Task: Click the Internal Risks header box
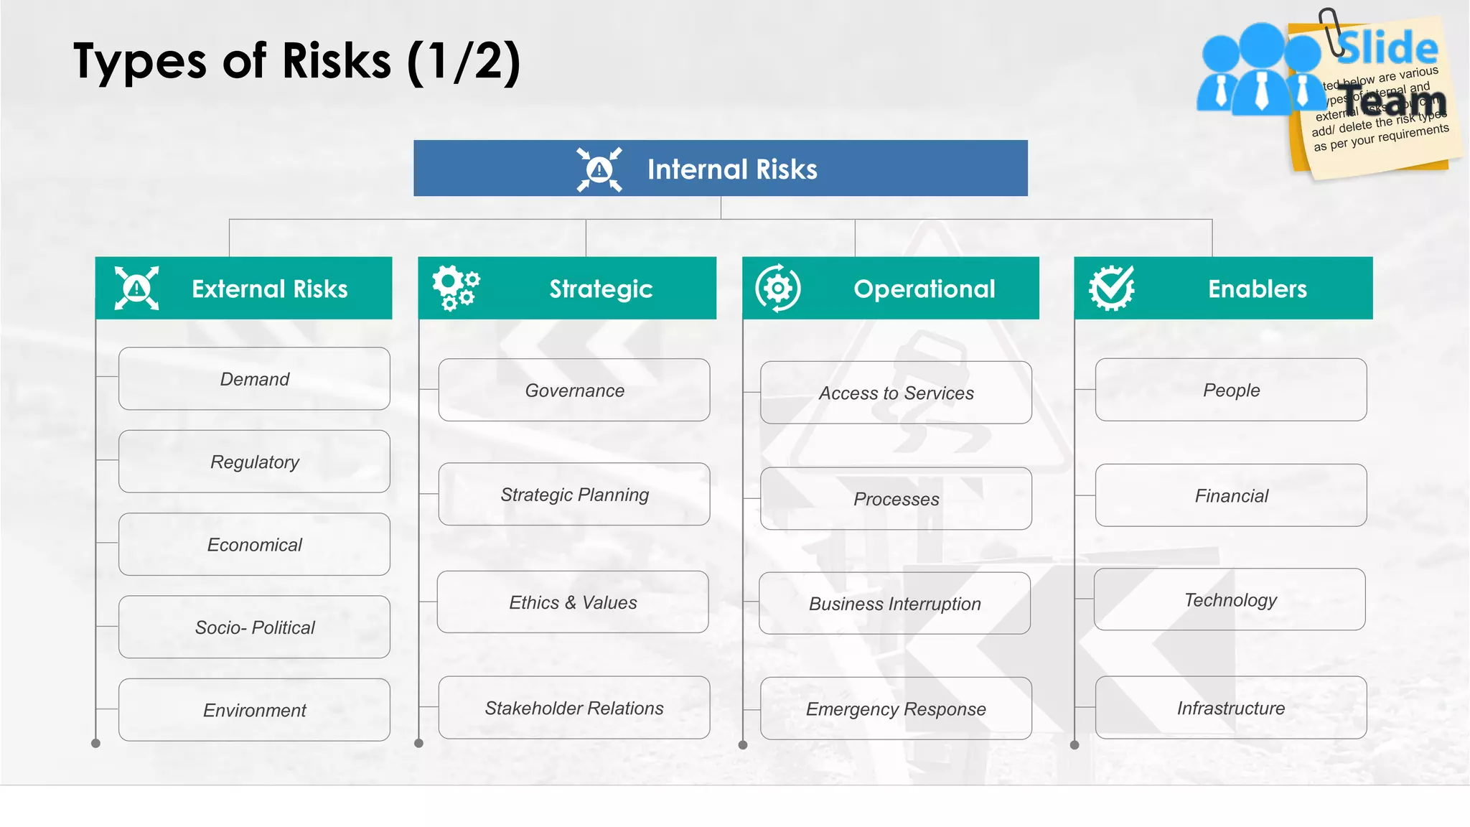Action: (721, 168)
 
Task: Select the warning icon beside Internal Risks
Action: (599, 169)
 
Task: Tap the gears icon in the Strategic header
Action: (456, 288)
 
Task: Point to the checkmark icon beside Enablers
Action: (1112, 288)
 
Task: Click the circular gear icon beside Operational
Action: (778, 288)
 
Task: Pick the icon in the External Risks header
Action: (136, 288)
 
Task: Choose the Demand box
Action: (254, 379)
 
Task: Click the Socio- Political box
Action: (254, 627)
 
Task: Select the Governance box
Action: (574, 391)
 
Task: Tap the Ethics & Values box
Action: (573, 602)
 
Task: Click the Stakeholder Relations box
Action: (574, 708)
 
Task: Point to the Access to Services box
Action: (896, 393)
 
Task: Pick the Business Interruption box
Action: (894, 604)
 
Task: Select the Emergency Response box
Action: (896, 709)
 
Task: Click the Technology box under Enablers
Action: (1230, 599)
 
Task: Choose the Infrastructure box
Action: (1230, 708)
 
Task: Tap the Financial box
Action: (1230, 495)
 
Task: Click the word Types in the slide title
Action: (140, 62)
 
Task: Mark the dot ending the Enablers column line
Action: (1075, 745)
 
